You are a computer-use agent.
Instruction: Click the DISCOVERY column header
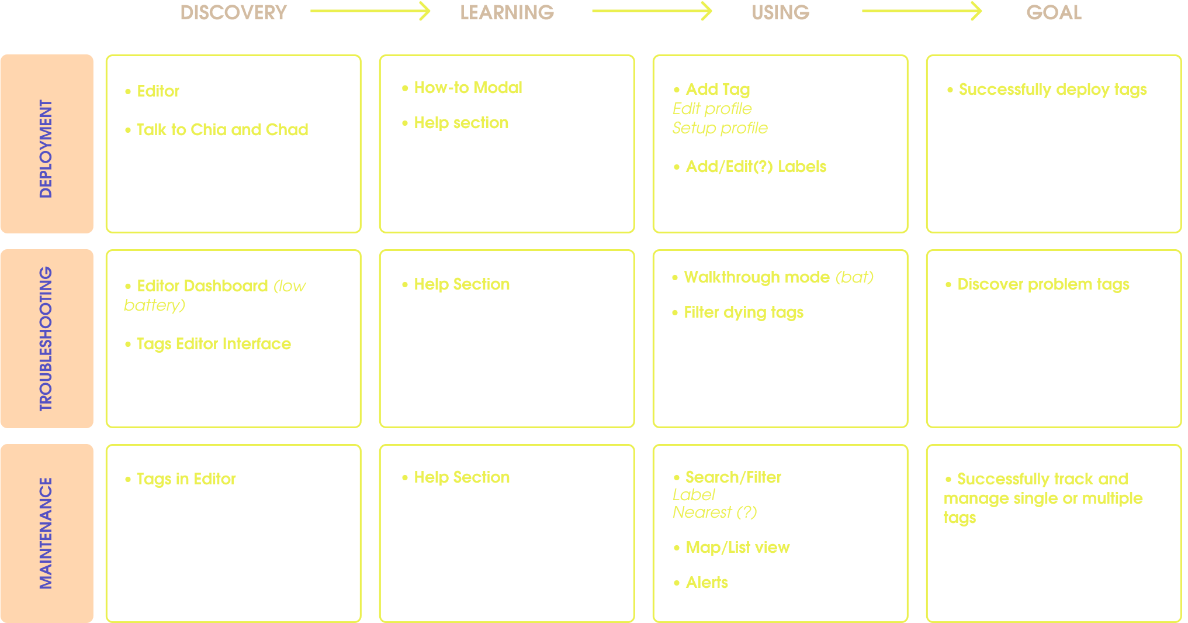[x=234, y=12]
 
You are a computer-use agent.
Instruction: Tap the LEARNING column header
[x=507, y=12]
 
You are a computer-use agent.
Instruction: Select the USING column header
[x=780, y=12]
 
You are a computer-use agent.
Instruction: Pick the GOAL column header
[x=1054, y=12]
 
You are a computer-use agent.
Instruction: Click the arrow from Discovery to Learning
[x=370, y=11]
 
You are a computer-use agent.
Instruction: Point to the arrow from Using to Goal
[x=922, y=11]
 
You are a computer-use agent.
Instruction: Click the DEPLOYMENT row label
[x=46, y=149]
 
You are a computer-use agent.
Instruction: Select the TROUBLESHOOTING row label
[x=46, y=339]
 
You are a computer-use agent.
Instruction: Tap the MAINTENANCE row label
[x=46, y=533]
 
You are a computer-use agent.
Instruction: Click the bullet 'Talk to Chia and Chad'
[x=222, y=130]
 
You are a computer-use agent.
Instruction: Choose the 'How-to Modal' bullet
[x=467, y=88]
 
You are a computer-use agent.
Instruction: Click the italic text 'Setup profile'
[x=720, y=128]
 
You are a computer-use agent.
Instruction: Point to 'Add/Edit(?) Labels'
[x=756, y=167]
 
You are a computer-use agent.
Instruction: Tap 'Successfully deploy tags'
[x=1052, y=90]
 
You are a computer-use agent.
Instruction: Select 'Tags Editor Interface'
[x=213, y=344]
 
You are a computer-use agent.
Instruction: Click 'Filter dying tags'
[x=743, y=312]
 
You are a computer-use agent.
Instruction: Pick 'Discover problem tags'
[x=1043, y=284]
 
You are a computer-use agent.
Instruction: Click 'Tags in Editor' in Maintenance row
[x=186, y=479]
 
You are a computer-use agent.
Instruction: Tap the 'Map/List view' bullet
[x=737, y=548]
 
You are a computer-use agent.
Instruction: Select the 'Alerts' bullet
[x=706, y=583]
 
